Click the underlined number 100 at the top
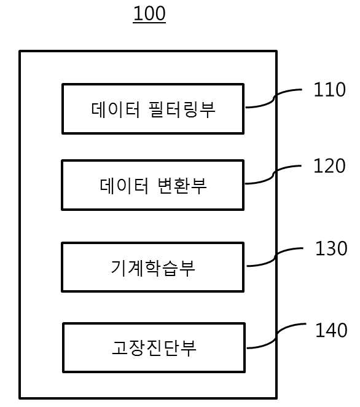[149, 14]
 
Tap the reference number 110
[330, 90]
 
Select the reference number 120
[329, 166]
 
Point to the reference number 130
[331, 248]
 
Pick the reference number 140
[331, 330]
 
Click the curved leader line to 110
[274, 99]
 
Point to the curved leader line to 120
[273, 175]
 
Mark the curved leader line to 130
[275, 258]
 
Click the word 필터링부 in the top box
[182, 109]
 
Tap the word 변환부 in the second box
[182, 186]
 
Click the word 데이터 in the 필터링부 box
[115, 109]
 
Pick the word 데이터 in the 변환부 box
[124, 185]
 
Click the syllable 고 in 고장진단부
[120, 348]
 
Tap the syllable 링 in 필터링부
[190, 109]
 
